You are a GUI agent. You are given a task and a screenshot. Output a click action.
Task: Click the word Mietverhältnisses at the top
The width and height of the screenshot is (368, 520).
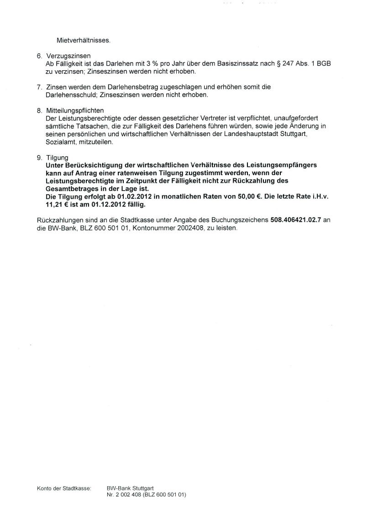(x=84, y=40)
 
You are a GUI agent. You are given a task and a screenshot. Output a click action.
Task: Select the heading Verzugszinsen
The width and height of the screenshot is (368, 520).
(x=68, y=56)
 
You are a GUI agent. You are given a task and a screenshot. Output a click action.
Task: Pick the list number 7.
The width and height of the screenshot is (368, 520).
(x=39, y=87)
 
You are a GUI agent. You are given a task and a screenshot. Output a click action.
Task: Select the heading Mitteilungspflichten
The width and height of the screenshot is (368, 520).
(x=75, y=110)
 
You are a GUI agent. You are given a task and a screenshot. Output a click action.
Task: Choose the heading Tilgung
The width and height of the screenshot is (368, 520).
(x=57, y=157)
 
